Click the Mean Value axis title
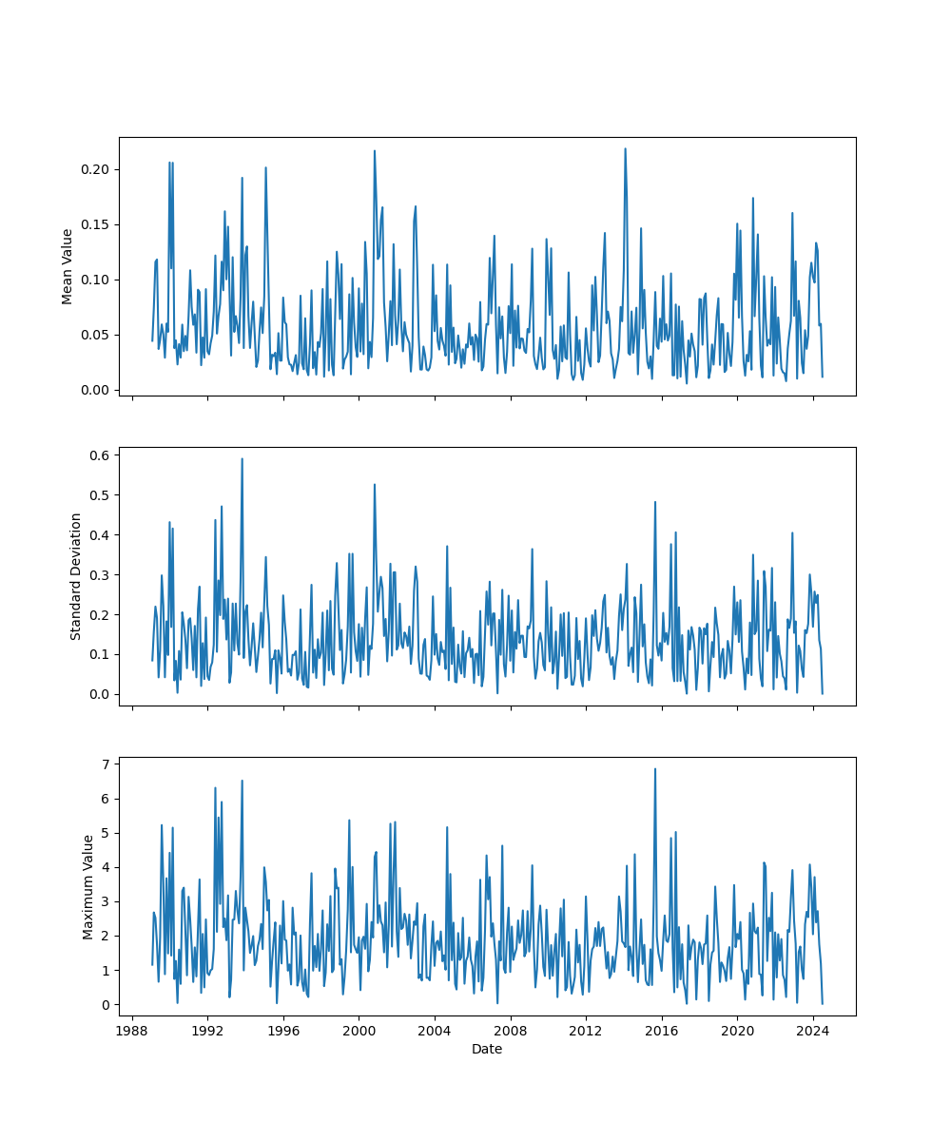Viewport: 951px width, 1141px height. click(68, 266)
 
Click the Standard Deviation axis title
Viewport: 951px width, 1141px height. click(76, 576)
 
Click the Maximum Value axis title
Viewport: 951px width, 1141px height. click(88, 886)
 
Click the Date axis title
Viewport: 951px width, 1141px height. click(487, 1050)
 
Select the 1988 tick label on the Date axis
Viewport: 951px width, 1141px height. click(132, 1031)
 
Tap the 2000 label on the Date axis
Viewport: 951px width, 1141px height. click(359, 1031)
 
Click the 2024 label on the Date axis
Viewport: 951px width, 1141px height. click(812, 1031)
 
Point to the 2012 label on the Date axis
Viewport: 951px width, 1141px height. click(586, 1031)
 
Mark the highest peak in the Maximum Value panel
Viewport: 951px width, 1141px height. click(655, 768)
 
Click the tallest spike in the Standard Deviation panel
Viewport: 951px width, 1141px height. click(242, 458)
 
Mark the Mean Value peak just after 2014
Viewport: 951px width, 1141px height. click(625, 148)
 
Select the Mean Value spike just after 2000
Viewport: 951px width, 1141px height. click(374, 150)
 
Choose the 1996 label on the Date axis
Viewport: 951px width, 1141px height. click(283, 1031)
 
